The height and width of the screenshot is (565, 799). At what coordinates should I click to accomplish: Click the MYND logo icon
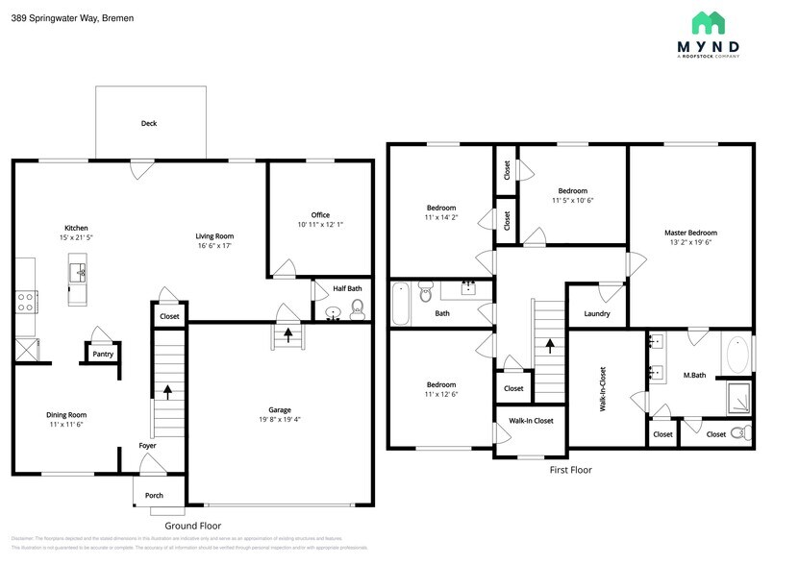coord(709,22)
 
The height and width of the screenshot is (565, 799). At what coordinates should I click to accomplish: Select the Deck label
coord(149,123)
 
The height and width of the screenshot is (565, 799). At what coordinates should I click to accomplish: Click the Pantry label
coord(103,354)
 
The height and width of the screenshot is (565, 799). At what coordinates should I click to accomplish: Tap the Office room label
coord(320,214)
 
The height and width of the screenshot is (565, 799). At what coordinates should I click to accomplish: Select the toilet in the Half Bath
coord(357,308)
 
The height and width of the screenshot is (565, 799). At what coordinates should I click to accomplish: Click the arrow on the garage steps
coord(287,334)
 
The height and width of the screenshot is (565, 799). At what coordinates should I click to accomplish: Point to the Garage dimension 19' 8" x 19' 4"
coord(280,420)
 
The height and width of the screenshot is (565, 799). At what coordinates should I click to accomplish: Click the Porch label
coord(154,496)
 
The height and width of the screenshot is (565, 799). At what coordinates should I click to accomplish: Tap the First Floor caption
coord(570,470)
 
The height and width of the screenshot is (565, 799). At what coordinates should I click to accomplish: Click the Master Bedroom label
coord(690,233)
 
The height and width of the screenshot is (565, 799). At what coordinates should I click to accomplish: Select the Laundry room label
coord(597,313)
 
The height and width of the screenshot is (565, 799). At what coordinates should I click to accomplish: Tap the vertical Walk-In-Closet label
coord(603,389)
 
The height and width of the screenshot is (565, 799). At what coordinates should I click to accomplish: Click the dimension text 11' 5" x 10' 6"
coord(572,201)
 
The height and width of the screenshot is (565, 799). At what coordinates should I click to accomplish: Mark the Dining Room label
coord(66,414)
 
